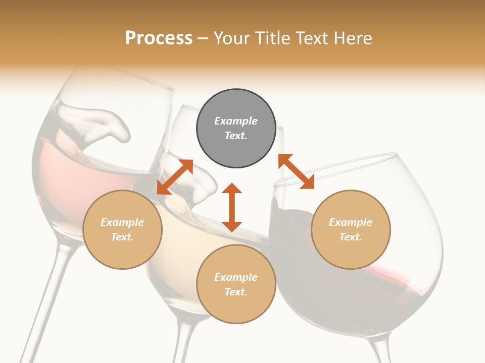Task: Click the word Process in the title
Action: click(x=159, y=38)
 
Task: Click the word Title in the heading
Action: click(x=273, y=38)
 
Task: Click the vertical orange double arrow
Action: click(x=232, y=207)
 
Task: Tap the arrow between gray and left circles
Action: click(x=175, y=177)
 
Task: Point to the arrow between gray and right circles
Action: click(x=296, y=171)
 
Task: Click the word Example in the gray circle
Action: click(x=236, y=121)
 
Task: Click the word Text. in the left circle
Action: click(x=122, y=237)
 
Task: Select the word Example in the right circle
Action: click(x=351, y=222)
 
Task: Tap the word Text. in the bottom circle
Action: click(x=236, y=292)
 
